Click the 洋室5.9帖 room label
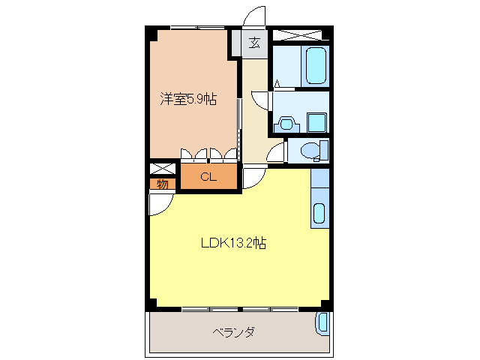pyautogui.click(x=188, y=98)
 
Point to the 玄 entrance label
pyautogui.click(x=254, y=43)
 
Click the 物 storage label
pyautogui.click(x=162, y=184)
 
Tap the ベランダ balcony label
pyautogui.click(x=232, y=331)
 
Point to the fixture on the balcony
pyautogui.click(x=322, y=323)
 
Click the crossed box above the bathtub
pyautogui.click(x=299, y=34)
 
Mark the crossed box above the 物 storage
pyautogui.click(x=162, y=169)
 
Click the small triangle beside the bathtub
pyautogui.click(x=277, y=83)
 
